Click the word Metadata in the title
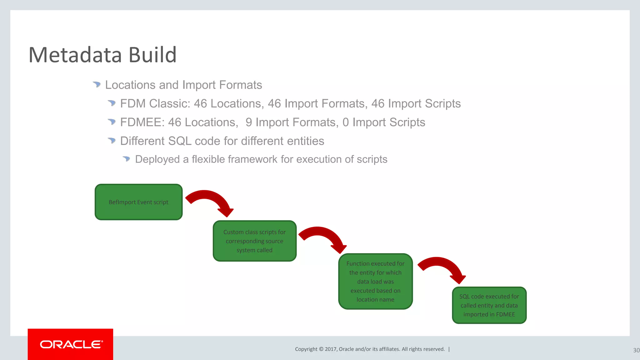click(75, 55)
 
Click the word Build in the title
click(152, 55)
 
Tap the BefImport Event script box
click(138, 202)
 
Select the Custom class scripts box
click(254, 241)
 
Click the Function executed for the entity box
click(375, 281)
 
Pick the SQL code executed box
click(489, 305)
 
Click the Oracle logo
click(71, 344)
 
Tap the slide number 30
click(636, 350)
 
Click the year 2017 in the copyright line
click(331, 349)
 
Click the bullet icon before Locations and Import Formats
click(97, 84)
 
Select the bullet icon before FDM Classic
click(112, 103)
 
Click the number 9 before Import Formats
click(249, 122)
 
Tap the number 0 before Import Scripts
click(345, 122)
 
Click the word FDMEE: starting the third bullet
click(142, 122)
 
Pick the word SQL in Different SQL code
click(180, 141)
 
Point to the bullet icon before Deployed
click(126, 159)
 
